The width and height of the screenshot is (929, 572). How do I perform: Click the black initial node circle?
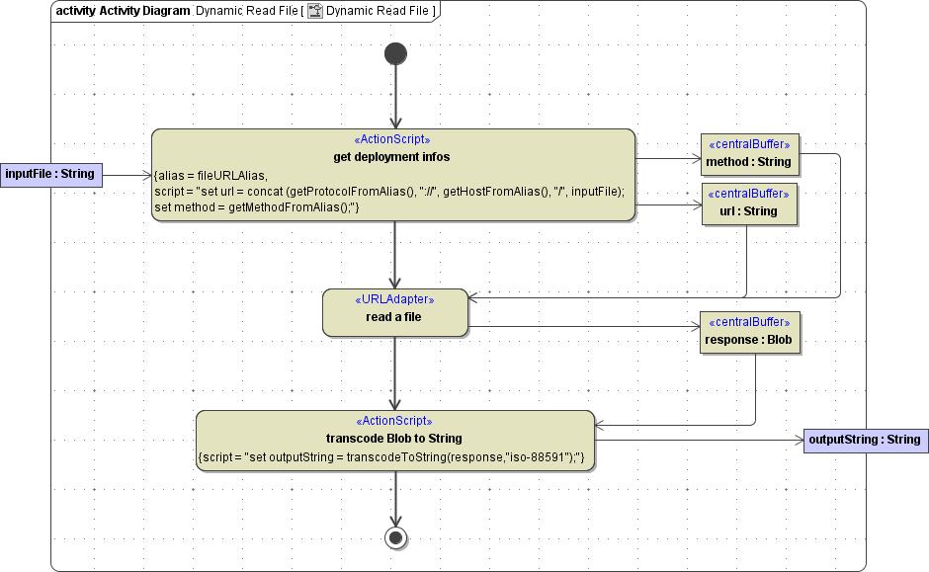tap(395, 53)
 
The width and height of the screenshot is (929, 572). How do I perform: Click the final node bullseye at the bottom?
tap(395, 537)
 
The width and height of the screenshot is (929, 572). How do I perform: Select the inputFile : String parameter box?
tap(50, 175)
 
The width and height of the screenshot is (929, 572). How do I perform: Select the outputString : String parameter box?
tap(865, 440)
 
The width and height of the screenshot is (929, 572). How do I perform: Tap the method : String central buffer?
tap(748, 154)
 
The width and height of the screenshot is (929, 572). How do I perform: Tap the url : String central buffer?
tap(748, 204)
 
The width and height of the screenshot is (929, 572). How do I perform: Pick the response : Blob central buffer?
tap(748, 333)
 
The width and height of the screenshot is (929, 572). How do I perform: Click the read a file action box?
tap(394, 312)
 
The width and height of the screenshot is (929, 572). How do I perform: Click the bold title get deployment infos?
tap(392, 157)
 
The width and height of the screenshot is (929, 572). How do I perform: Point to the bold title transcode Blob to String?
tap(394, 438)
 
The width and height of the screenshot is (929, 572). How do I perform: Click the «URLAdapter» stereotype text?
tap(393, 298)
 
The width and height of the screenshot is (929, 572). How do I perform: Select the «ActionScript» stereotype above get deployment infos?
tap(392, 139)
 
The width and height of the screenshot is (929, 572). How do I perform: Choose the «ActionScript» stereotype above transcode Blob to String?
tap(394, 421)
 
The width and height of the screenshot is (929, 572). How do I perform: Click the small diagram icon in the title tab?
tap(315, 11)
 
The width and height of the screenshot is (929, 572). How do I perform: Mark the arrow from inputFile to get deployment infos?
tap(127, 175)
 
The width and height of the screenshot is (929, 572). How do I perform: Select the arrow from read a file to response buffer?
tap(583, 326)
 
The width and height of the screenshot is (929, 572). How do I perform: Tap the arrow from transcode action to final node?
tap(395, 499)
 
